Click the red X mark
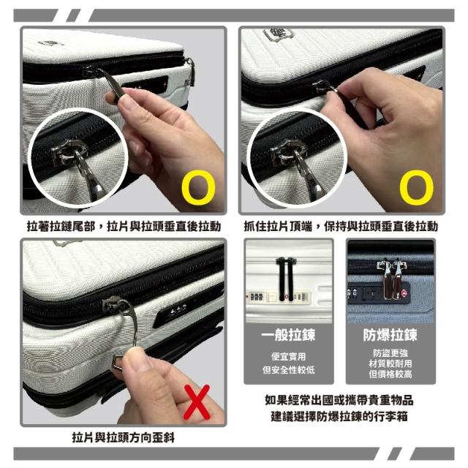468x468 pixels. (197, 402)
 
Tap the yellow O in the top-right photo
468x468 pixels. (417, 188)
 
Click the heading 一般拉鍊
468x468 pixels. (288, 335)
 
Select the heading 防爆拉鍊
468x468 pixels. (390, 335)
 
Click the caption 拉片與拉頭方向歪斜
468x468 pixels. (124, 437)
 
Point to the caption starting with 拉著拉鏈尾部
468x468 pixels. (124, 226)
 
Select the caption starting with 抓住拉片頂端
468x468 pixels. (341, 226)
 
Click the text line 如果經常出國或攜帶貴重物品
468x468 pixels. (339, 400)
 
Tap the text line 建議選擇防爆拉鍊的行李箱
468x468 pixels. (339, 416)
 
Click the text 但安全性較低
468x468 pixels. (288, 370)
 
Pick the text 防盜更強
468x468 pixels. (390, 353)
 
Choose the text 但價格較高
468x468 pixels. (390, 374)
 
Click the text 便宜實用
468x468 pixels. (288, 356)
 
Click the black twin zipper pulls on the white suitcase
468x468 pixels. (286, 278)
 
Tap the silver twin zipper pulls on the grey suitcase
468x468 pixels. (392, 279)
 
